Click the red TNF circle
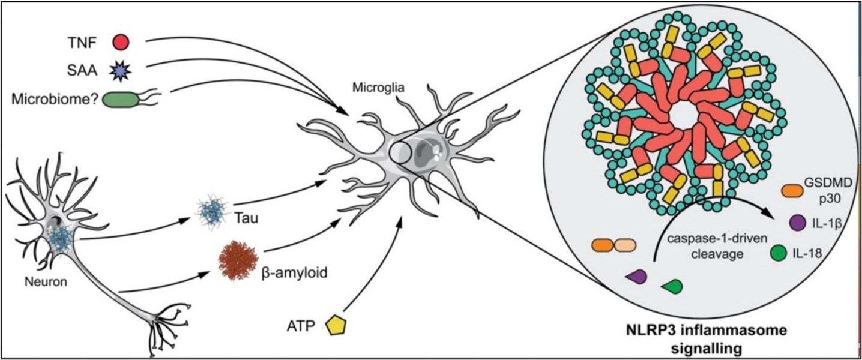pyautogui.click(x=121, y=41)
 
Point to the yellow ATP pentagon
pyautogui.click(x=336, y=325)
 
